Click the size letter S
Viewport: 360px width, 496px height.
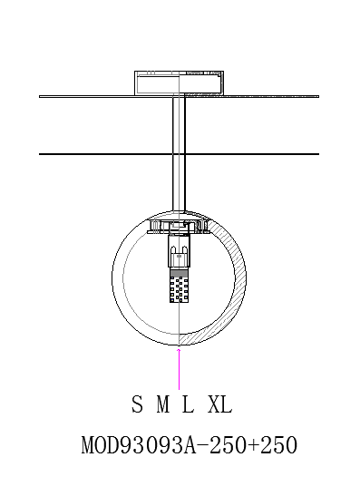click(x=137, y=404)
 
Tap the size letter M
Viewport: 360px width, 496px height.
click(x=163, y=404)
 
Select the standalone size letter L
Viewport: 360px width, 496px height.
click(x=188, y=404)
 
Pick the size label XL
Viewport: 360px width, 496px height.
click(x=220, y=404)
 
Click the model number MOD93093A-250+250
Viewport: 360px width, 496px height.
click(x=190, y=444)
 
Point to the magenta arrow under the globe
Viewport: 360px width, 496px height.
click(x=179, y=369)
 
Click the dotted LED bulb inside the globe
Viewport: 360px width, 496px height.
click(x=179, y=289)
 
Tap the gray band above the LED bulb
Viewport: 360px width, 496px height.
click(x=179, y=273)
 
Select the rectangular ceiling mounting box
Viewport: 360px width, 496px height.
click(x=179, y=83)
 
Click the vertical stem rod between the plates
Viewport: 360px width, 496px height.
click(x=179, y=154)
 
